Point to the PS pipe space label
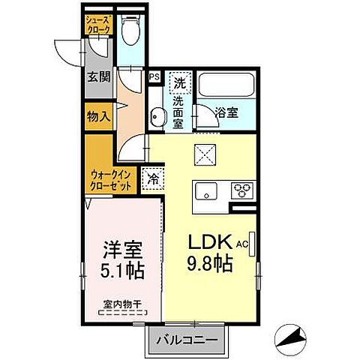pos(154,76)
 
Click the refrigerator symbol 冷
pos(153,179)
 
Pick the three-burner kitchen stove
pos(242,190)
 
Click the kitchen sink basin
pos(205,192)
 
